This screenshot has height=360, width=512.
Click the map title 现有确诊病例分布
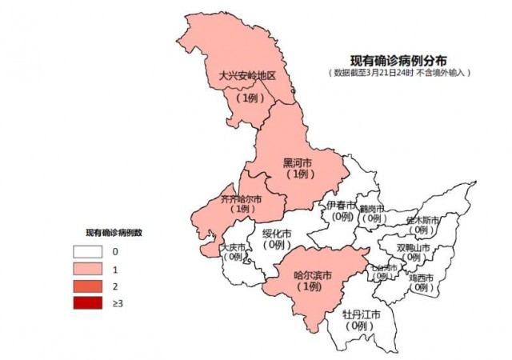tap(398, 60)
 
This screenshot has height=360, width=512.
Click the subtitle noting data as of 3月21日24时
tap(398, 73)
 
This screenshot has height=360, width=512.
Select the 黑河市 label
tap(298, 162)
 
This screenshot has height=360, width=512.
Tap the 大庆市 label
tap(235, 247)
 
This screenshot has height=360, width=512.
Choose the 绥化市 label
tap(278, 234)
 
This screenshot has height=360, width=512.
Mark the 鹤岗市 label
tap(372, 208)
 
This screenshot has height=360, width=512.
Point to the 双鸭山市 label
tap(414, 247)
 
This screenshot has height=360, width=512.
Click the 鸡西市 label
tap(421, 278)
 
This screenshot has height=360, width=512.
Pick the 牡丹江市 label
tap(362, 314)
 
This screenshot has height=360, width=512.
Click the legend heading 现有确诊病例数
tap(115, 234)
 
